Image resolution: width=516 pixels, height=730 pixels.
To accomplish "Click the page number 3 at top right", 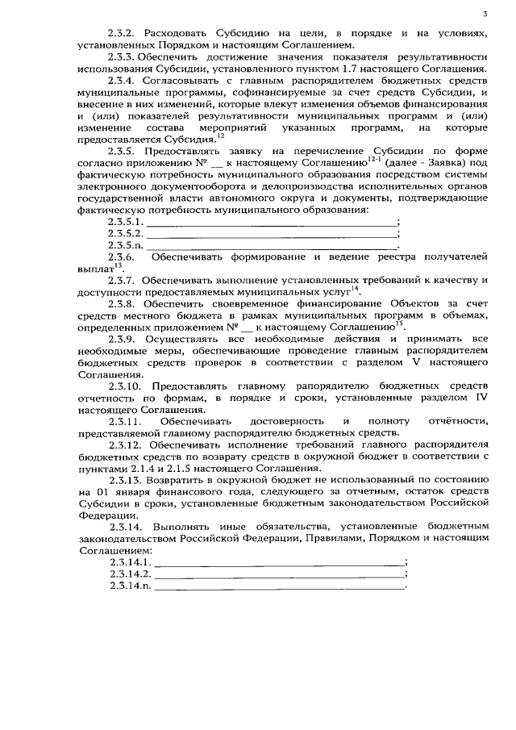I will (x=485, y=14).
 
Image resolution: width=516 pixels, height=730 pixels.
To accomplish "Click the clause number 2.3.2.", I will (x=123, y=35).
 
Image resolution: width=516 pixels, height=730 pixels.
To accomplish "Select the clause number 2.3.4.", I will (x=123, y=81).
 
